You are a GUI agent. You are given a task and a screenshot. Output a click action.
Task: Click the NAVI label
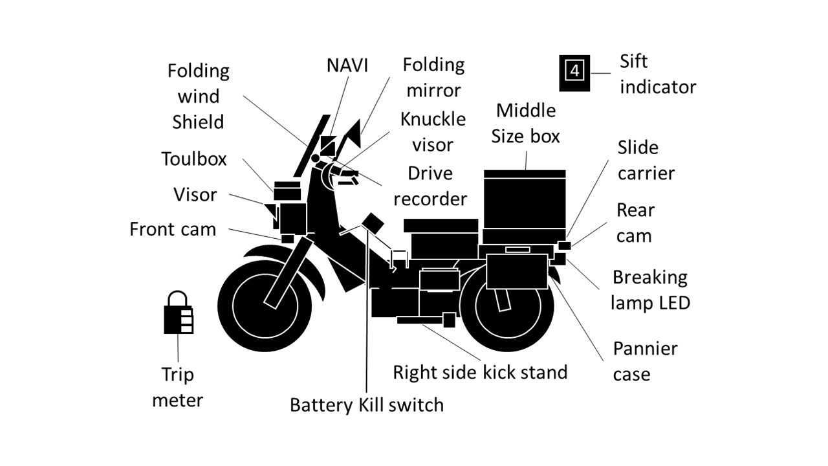click(x=347, y=65)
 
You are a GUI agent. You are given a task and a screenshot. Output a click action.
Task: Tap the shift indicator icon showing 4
click(x=574, y=73)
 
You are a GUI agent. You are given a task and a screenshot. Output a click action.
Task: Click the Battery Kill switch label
click(x=366, y=405)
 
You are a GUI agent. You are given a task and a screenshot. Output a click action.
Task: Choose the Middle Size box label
click(x=525, y=123)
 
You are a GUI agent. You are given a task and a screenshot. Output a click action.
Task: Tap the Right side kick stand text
click(x=480, y=372)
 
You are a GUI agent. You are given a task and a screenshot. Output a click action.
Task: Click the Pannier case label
click(x=645, y=361)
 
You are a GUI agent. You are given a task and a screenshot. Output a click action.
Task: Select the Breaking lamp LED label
click(x=650, y=289)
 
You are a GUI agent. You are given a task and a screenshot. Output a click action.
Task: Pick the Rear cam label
click(x=635, y=223)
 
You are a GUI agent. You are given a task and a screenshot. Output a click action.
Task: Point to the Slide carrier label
click(x=646, y=160)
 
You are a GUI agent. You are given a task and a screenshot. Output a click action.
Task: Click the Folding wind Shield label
click(x=198, y=96)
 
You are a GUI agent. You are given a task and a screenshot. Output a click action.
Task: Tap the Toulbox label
click(x=194, y=159)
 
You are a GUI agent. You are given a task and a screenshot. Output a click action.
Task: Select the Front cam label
click(x=173, y=229)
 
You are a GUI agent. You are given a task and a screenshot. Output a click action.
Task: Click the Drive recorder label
click(x=430, y=186)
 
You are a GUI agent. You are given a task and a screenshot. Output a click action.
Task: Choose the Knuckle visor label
click(x=433, y=132)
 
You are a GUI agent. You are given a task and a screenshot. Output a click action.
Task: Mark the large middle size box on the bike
click(x=525, y=201)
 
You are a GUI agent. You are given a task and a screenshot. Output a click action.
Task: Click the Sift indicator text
click(x=657, y=74)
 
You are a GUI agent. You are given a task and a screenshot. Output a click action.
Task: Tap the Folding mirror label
click(x=433, y=77)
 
